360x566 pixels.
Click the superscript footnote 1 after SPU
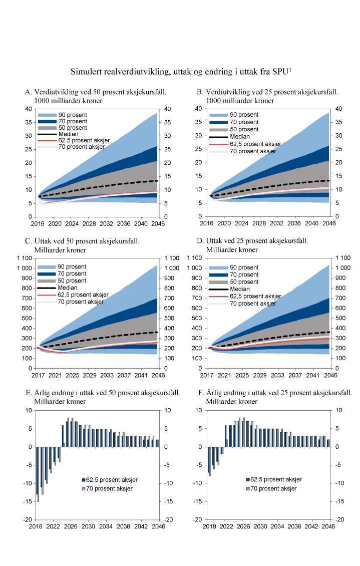290,70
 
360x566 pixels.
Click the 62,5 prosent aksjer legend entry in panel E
111,479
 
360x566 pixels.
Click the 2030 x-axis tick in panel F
259,527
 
